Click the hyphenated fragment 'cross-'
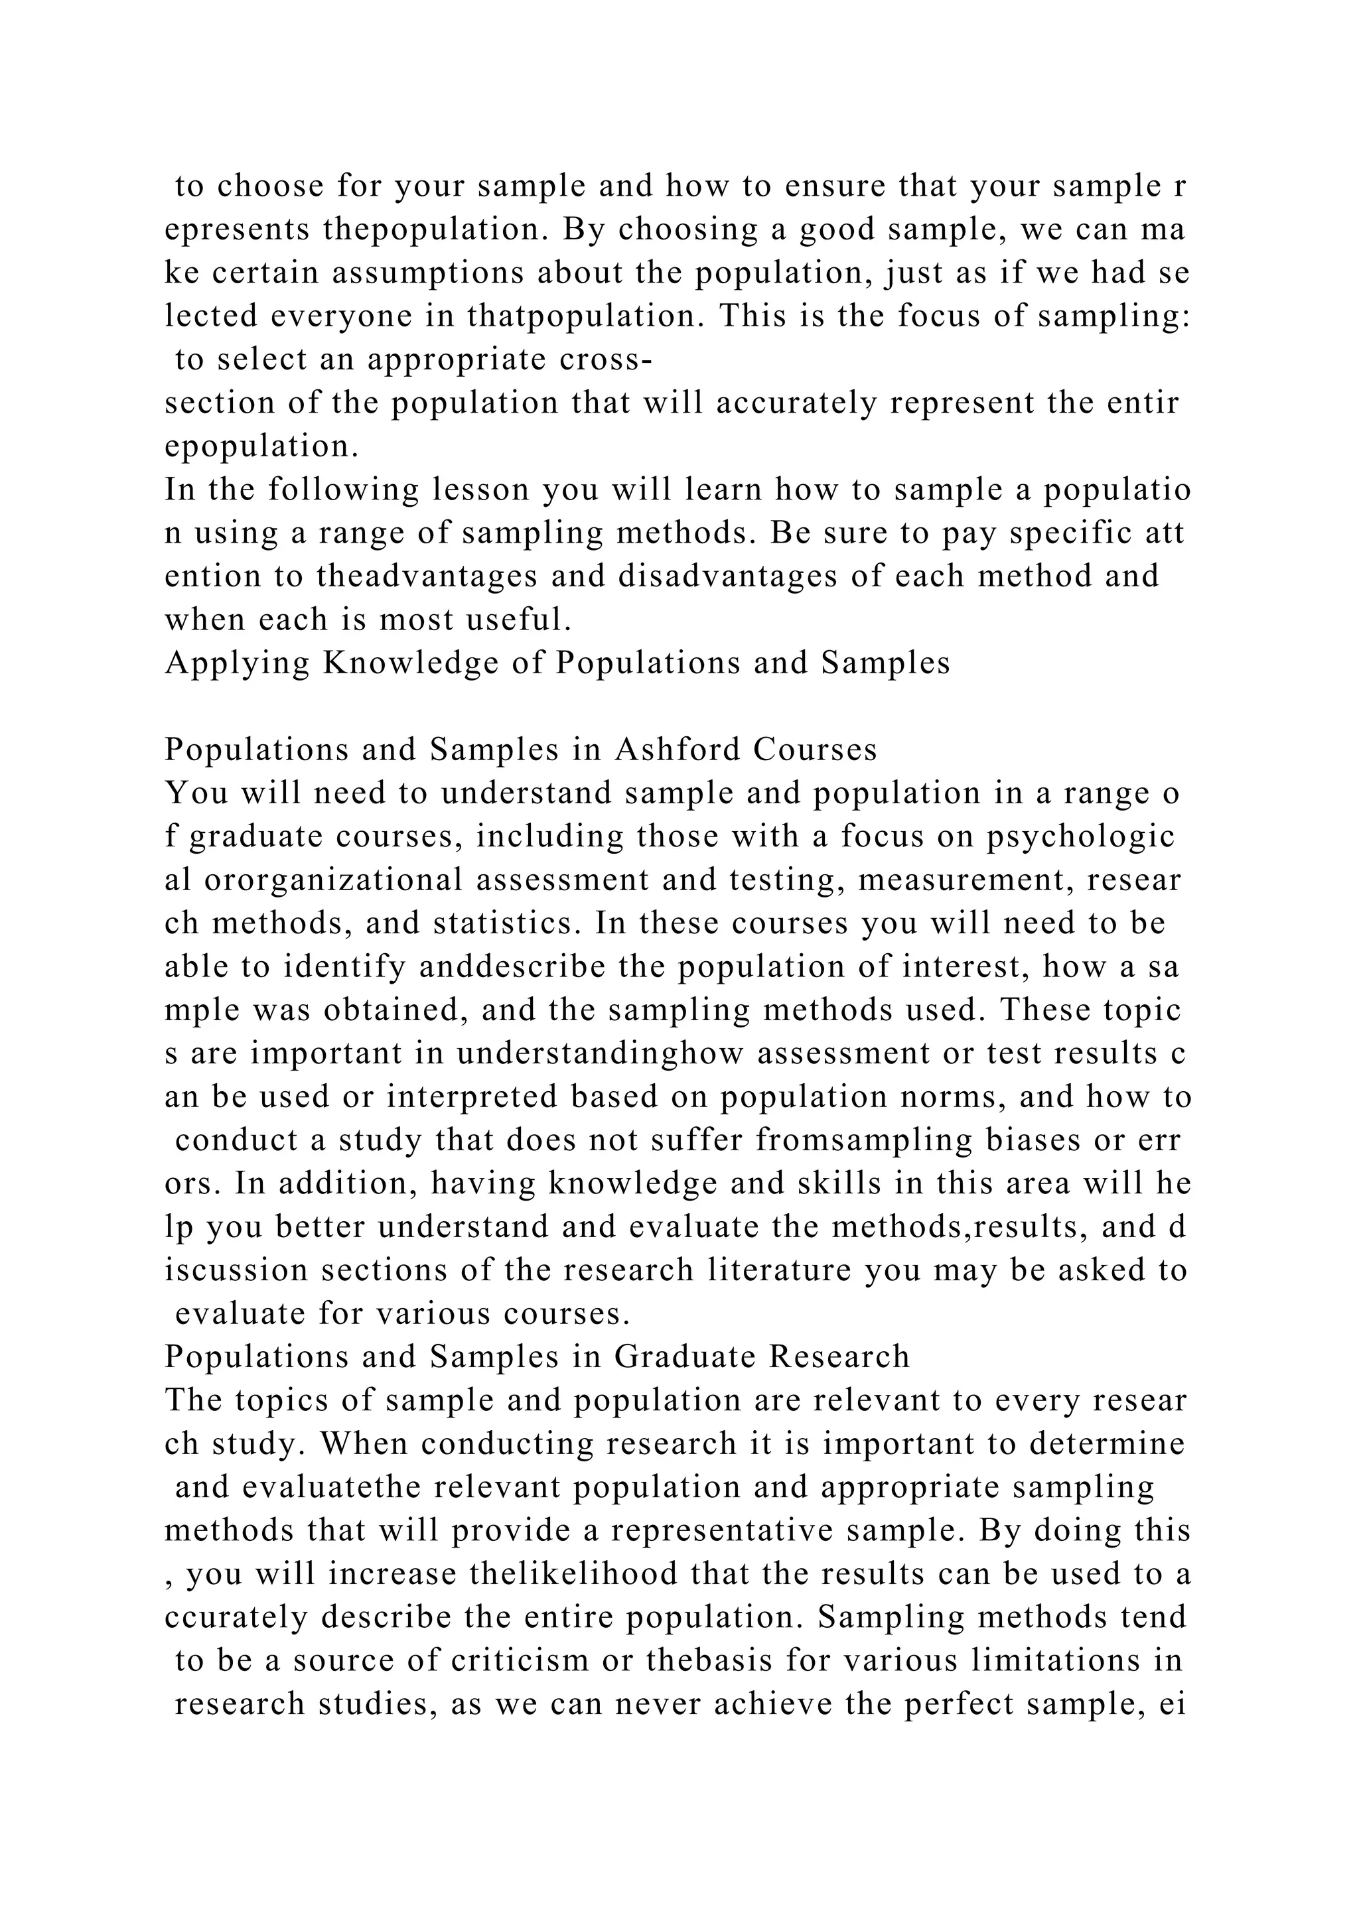click(601, 360)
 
